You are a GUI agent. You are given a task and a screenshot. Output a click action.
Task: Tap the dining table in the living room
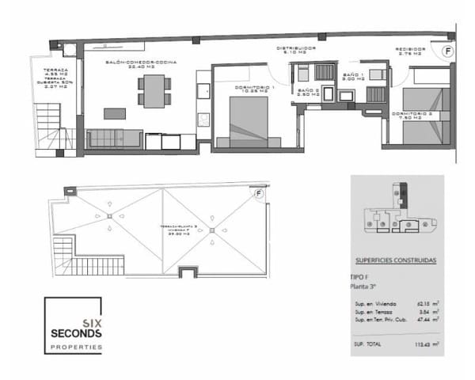click(x=153, y=90)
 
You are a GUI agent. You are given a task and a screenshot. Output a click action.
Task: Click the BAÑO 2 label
click(x=309, y=92)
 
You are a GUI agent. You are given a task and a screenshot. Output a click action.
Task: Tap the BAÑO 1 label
click(x=353, y=76)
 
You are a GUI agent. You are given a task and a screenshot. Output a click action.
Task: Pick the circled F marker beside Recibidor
click(x=448, y=51)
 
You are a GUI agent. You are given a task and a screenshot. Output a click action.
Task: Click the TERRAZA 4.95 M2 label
click(x=55, y=73)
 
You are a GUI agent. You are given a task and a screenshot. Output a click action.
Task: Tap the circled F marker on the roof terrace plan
click(x=258, y=193)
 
